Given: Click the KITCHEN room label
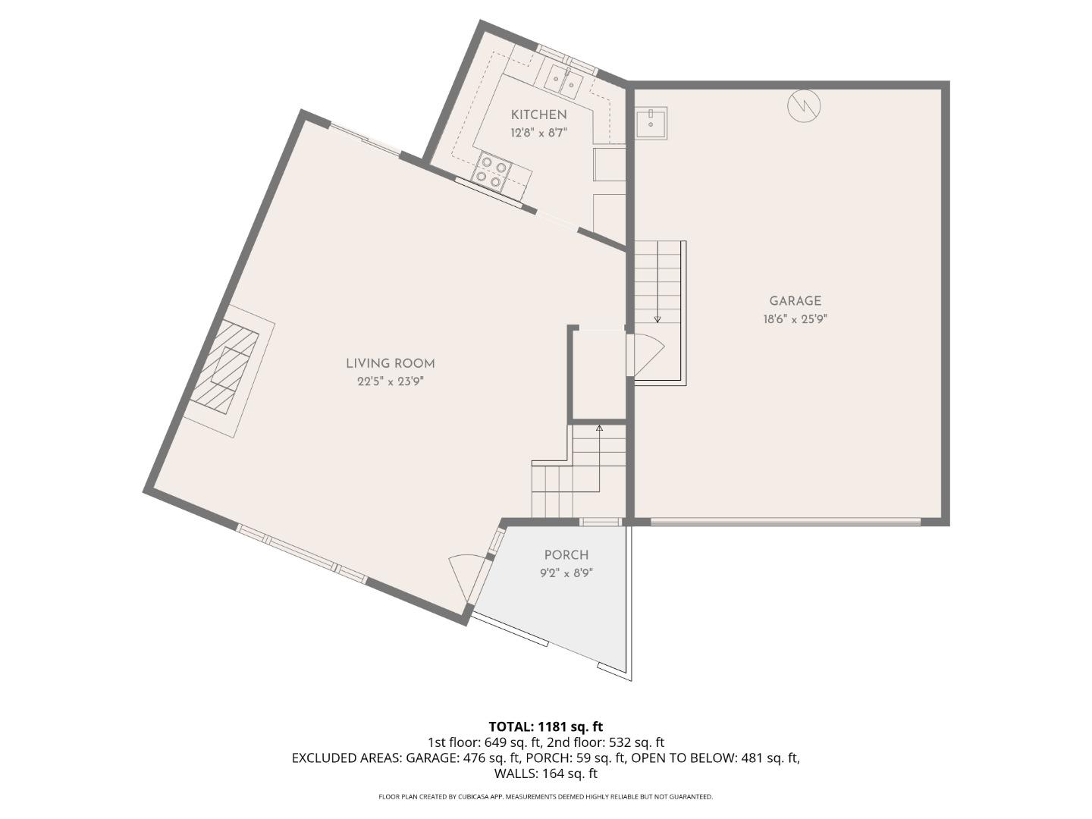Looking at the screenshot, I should click(538, 115).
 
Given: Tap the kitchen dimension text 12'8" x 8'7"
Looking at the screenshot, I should click(538, 133).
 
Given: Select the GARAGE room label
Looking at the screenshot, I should click(795, 301).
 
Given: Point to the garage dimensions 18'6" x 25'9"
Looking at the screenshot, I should click(795, 319).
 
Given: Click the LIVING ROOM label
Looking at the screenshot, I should click(391, 363).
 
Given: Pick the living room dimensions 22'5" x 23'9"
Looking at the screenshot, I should click(391, 381).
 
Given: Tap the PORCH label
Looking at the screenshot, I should click(566, 555).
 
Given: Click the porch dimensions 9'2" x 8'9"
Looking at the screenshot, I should click(566, 573).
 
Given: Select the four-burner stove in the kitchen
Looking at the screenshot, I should click(491, 171).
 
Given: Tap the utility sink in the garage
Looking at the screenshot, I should click(651, 123).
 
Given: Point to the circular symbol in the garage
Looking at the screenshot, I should click(804, 106).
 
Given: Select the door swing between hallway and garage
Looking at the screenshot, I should click(646, 355).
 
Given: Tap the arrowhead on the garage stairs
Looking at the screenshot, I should click(657, 319).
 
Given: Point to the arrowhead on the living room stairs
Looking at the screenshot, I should click(599, 429).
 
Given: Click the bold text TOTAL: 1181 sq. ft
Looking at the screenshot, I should click(545, 727).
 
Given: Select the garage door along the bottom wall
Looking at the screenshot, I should click(785, 522).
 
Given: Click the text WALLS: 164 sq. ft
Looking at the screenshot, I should click(545, 773).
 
